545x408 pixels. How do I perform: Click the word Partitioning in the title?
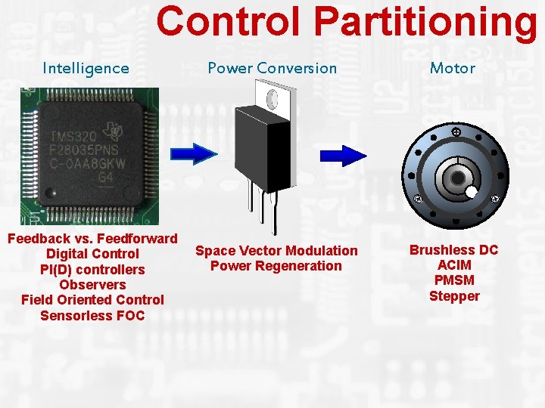coord(425,23)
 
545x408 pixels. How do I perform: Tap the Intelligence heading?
coord(86,68)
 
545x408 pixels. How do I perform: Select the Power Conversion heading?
coord(272,68)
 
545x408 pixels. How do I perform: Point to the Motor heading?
coord(452,68)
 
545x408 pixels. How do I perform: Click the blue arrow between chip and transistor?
coord(194,153)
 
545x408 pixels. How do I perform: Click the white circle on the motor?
coord(472,192)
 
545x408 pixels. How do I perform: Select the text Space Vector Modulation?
coord(276,250)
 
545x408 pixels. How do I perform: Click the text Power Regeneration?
coord(276,266)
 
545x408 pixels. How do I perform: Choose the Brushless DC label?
coord(453,249)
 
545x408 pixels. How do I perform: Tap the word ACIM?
coord(454,265)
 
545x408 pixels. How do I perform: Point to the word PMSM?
coord(454,280)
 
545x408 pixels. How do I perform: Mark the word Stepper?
coord(454,296)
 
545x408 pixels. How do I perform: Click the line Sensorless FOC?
coord(92,315)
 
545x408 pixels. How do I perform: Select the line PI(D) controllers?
coord(92,269)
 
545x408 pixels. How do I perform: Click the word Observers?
coord(92,284)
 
